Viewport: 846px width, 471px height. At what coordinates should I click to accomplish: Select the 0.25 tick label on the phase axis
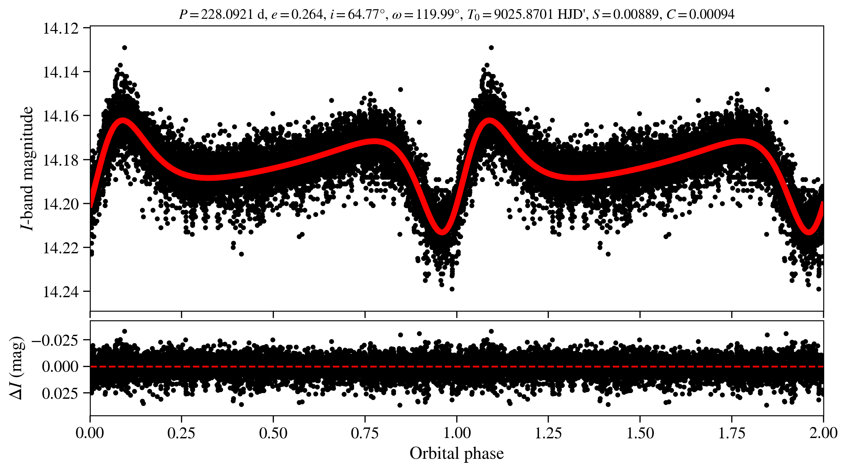click(181, 433)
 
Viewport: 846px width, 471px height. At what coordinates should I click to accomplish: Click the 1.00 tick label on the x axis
click(457, 433)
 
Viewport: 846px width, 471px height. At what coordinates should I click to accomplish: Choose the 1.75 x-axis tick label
click(732, 433)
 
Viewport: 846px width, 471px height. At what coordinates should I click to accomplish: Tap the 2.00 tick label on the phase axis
click(823, 433)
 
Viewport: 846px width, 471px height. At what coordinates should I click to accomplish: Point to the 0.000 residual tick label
click(60, 366)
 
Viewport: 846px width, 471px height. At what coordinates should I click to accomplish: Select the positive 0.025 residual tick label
click(60, 393)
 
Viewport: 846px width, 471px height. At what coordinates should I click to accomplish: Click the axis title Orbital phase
click(457, 454)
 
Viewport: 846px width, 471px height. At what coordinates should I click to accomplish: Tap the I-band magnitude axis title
click(27, 168)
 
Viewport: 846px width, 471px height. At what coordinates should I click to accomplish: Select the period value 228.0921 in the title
click(227, 15)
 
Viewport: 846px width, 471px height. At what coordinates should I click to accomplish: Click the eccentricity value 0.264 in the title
click(307, 15)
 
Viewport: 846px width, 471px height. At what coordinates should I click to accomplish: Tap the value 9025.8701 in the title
click(524, 15)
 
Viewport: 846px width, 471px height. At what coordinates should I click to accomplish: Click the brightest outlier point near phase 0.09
click(124, 48)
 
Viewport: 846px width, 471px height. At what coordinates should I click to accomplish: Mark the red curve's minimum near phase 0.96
click(442, 232)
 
